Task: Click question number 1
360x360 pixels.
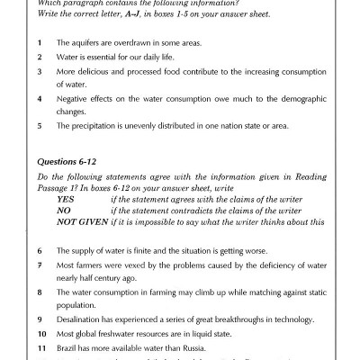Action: (40, 43)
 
